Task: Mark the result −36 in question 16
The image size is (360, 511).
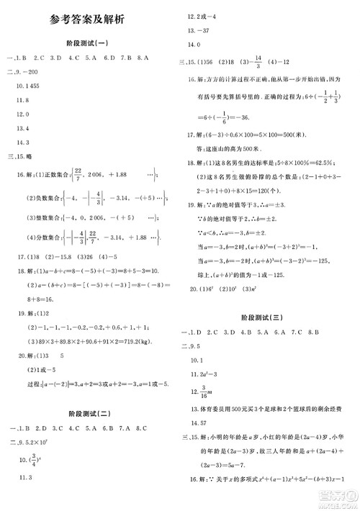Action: click(x=248, y=117)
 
